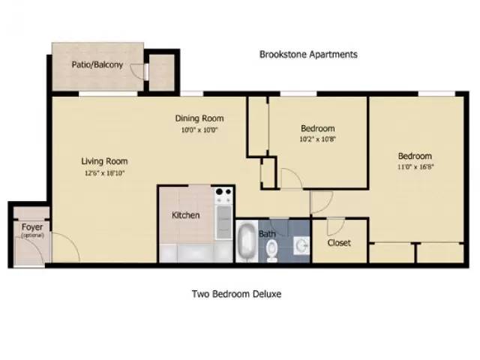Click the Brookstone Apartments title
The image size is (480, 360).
coord(308,54)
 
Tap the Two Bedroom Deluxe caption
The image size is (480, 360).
coord(236,294)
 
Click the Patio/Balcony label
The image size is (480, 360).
coord(97,65)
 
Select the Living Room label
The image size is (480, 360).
coord(104,160)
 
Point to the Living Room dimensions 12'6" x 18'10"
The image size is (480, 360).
coord(104,172)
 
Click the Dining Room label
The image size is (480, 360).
coord(199,118)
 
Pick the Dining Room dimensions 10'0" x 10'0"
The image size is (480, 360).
coord(199,129)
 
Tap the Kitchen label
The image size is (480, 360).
coord(186,215)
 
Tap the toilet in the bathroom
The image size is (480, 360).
coord(272,249)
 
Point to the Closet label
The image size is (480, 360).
coord(339,243)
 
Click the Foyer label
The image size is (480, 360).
coord(31,226)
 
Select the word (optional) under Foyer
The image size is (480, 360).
coord(31,235)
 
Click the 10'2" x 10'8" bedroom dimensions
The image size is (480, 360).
coord(317,139)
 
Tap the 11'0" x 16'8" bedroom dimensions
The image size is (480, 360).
coord(415,167)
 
